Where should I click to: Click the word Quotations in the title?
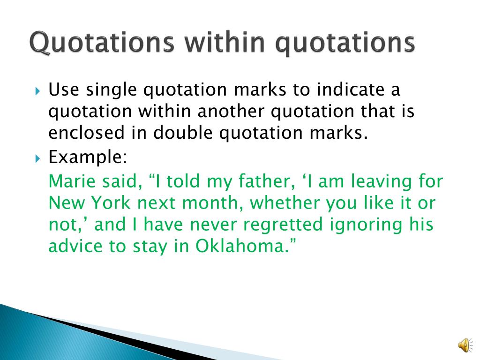coord(102,42)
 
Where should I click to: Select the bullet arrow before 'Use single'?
coord(37,91)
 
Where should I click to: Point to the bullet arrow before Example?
coord(37,158)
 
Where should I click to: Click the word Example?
coord(88,158)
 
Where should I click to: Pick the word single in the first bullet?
coord(111,90)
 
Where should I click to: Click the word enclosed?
coord(86,133)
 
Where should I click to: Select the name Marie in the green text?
coord(72,181)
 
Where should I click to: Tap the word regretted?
coord(283,225)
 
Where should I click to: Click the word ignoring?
coord(366,225)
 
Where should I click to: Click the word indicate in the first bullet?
coord(350,90)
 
